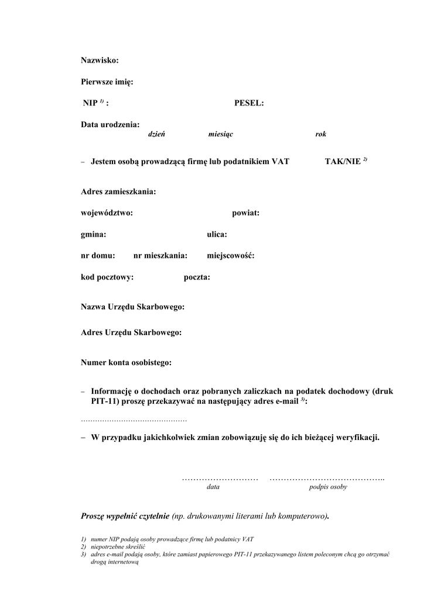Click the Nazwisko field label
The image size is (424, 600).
[x=100, y=60]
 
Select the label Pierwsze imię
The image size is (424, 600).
[x=107, y=82]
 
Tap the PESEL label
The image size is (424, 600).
[x=249, y=103]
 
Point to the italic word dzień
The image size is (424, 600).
[x=156, y=134]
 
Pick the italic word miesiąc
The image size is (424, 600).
[x=220, y=134]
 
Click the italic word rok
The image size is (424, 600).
[x=320, y=134]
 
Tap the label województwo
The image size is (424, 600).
[x=107, y=213]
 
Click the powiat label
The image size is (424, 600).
[x=246, y=213]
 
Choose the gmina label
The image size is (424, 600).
[x=94, y=234]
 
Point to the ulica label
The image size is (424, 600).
[x=217, y=234]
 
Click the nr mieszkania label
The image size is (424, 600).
[x=160, y=255]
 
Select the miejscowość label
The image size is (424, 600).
[x=230, y=255]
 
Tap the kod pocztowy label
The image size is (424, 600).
[x=107, y=277]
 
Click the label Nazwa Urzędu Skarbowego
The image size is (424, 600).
[x=133, y=306]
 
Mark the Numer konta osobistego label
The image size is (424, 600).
[x=126, y=363]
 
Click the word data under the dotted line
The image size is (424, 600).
[x=213, y=487]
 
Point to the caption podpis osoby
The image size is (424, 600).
[x=328, y=487]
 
